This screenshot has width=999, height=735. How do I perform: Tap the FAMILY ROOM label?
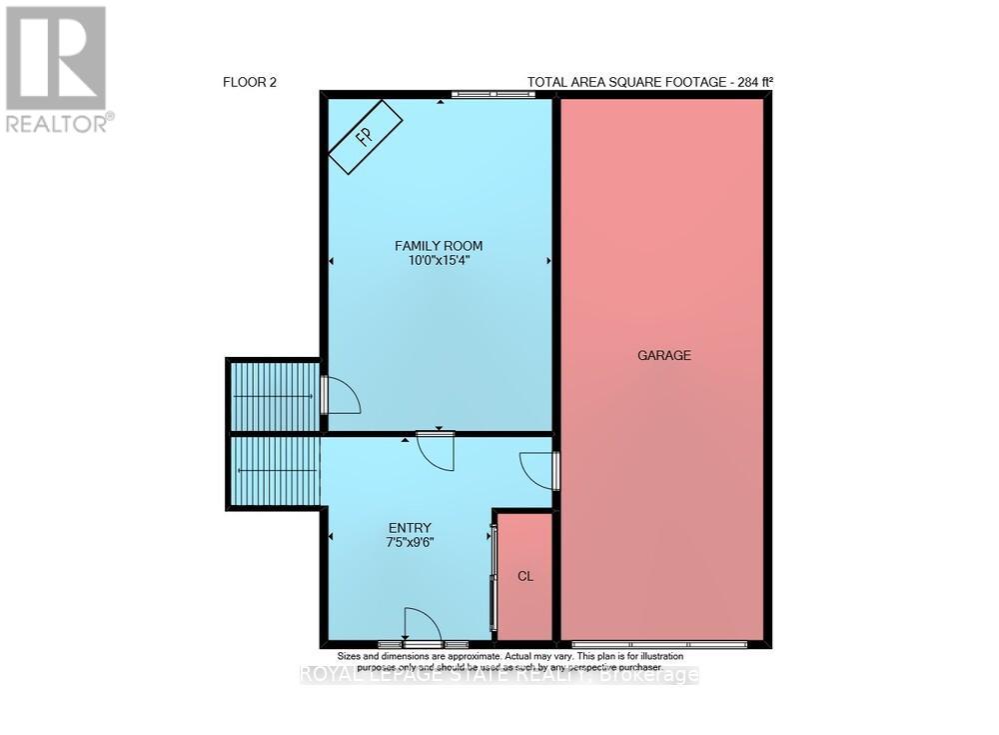(x=440, y=245)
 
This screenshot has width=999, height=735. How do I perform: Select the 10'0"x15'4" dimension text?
(x=440, y=262)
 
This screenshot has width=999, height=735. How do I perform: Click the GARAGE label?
(x=664, y=355)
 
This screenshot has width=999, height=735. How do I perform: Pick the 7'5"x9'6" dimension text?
(x=410, y=543)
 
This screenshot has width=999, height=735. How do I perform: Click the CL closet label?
(x=524, y=577)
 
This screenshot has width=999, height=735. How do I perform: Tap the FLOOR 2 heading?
(x=249, y=83)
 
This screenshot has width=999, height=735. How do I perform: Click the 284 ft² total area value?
(x=748, y=83)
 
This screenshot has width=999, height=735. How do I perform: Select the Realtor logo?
(x=56, y=68)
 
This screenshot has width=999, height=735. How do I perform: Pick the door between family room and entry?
(x=437, y=449)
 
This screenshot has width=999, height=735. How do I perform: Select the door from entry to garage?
(x=539, y=469)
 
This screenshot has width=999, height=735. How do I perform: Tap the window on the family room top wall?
(x=492, y=94)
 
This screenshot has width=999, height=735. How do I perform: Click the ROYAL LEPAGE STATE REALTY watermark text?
(x=499, y=675)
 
